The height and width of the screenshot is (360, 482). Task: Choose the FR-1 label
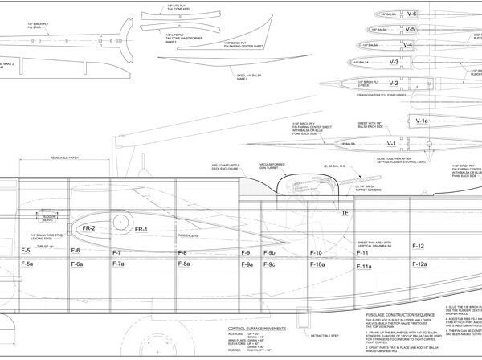pyautogui.click(x=142, y=230)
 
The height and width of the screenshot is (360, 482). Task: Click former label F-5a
pyautogui.click(x=27, y=264)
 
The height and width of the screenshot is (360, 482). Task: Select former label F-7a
pyautogui.click(x=117, y=264)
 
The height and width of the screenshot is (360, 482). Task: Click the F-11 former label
pyautogui.click(x=362, y=252)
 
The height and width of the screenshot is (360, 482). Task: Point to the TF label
pyautogui.click(x=345, y=212)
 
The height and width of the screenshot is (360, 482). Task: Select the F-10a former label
pyautogui.click(x=317, y=264)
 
